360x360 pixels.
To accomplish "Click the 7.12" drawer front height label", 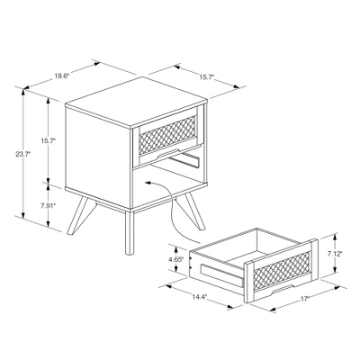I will (x=334, y=254).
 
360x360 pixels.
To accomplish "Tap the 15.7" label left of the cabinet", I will (x=47, y=141).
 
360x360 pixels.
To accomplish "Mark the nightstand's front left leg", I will (x=125, y=236).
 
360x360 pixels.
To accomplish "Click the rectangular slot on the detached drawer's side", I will (x=220, y=271).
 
